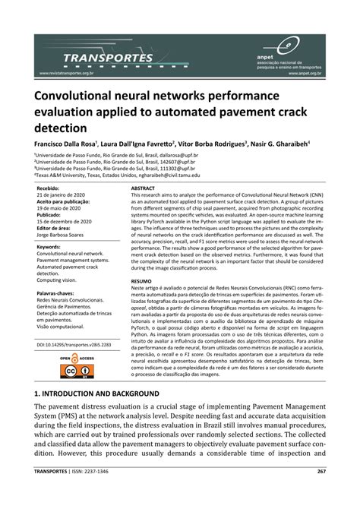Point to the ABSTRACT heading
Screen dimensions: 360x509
pyautogui.click(x=143, y=187)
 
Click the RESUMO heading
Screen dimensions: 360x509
pyautogui.click(x=141, y=280)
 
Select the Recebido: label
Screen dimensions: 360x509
pyautogui.click(x=47, y=187)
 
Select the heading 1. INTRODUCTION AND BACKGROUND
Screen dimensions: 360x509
pyautogui.click(x=96, y=394)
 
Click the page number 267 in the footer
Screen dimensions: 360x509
pyautogui.click(x=321, y=492)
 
